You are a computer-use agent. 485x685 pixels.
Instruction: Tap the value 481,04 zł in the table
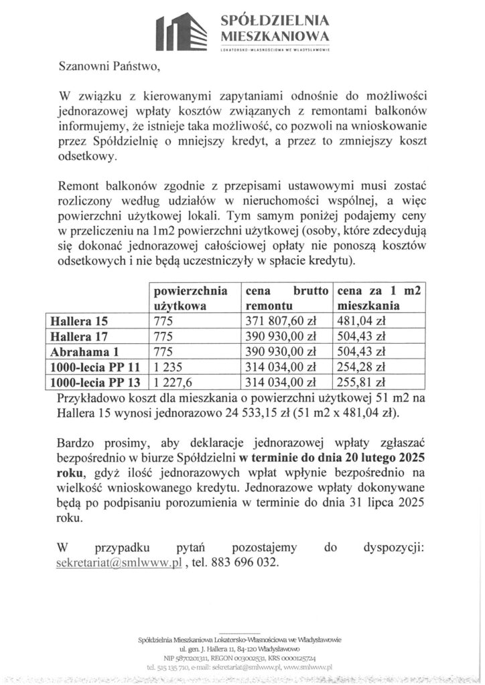361,320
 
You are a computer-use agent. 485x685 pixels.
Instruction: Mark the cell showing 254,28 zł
361,367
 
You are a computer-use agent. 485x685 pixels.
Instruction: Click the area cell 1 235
169,367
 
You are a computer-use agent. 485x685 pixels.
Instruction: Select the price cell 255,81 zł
361,383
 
